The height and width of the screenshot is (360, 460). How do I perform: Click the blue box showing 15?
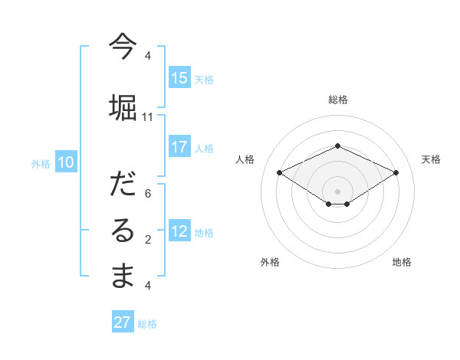pyautogui.click(x=179, y=78)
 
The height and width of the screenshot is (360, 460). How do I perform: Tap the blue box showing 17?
pyautogui.click(x=179, y=147)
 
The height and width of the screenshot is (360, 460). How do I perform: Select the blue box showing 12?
pyautogui.click(x=179, y=231)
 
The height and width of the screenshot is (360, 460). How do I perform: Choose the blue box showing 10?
pyautogui.click(x=66, y=162)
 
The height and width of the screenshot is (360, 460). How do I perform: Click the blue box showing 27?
pyautogui.click(x=123, y=322)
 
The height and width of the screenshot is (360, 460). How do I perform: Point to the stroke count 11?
pyautogui.click(x=148, y=117)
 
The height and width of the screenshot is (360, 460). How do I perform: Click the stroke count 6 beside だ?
pyautogui.click(x=148, y=194)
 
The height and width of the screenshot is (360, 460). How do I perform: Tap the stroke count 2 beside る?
pyautogui.click(x=148, y=240)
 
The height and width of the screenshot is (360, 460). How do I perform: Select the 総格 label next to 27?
pyautogui.click(x=147, y=324)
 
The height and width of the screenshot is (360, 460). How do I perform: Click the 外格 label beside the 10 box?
pyautogui.click(x=40, y=163)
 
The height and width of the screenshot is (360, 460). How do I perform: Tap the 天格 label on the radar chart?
pyautogui.click(x=431, y=159)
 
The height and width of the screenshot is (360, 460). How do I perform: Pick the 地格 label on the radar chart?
pyautogui.click(x=402, y=262)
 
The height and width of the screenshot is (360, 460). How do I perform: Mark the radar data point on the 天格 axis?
pyautogui.click(x=396, y=172)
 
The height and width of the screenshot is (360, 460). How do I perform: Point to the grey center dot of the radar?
pyautogui.click(x=337, y=190)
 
